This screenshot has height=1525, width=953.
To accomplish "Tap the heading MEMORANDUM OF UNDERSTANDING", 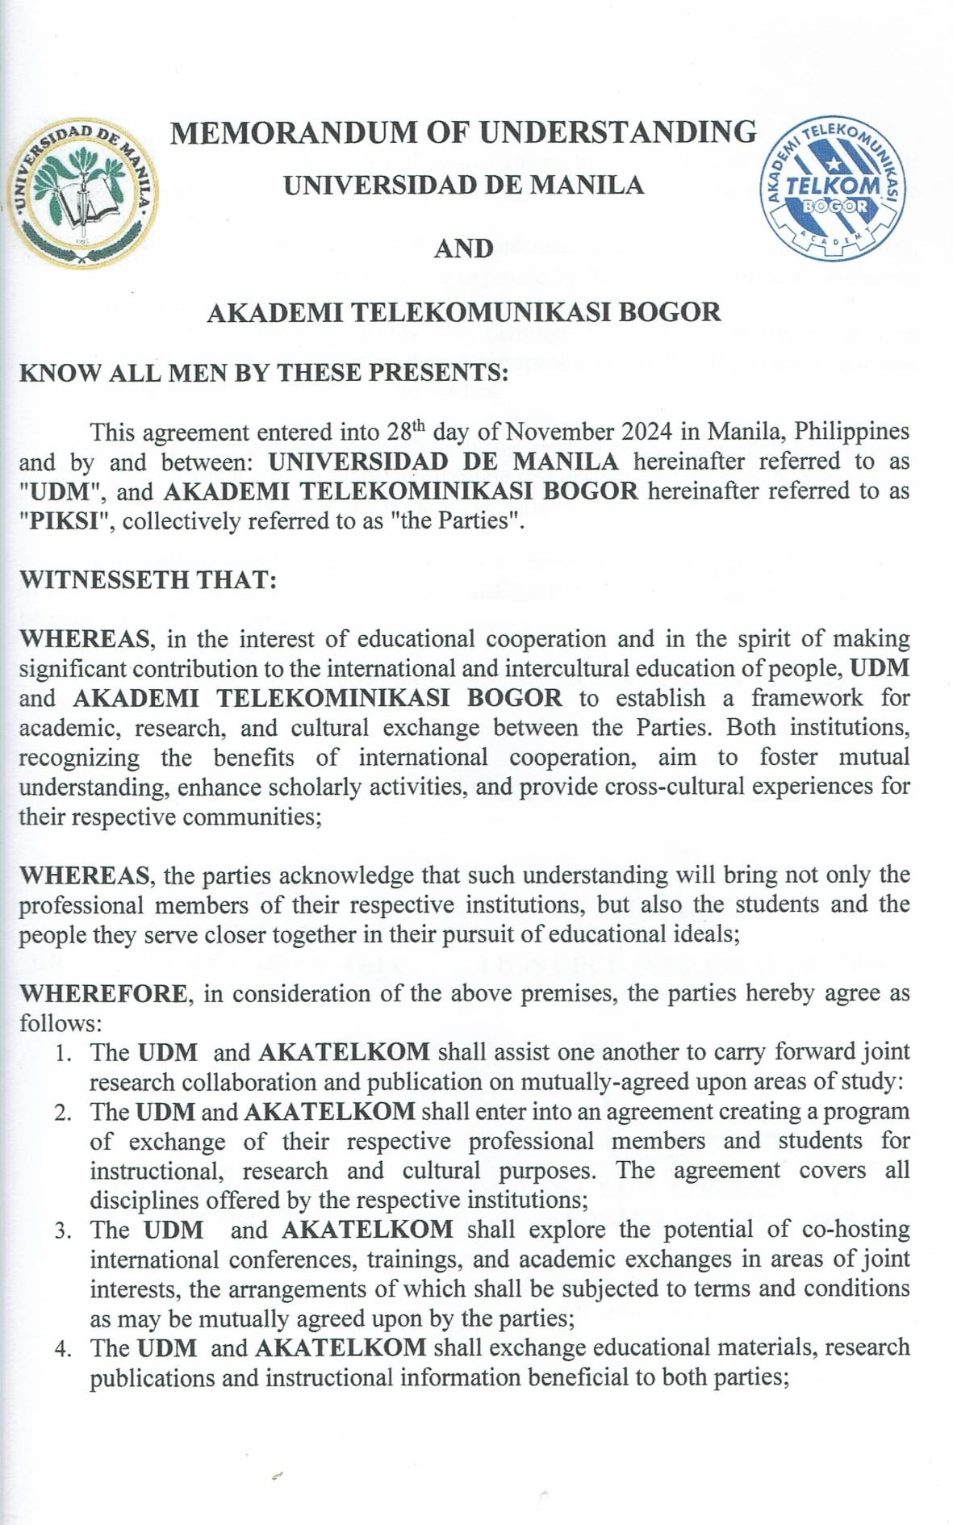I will pyautogui.click(x=463, y=132).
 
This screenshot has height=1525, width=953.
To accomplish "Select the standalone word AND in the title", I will pyautogui.click(x=463, y=249).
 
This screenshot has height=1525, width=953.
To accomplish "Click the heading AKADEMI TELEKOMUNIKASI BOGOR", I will pyautogui.click(x=463, y=312).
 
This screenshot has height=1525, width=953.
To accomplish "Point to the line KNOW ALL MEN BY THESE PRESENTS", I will pyautogui.click(x=263, y=373).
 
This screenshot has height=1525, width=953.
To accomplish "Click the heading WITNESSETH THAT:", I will pyautogui.click(x=148, y=579).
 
